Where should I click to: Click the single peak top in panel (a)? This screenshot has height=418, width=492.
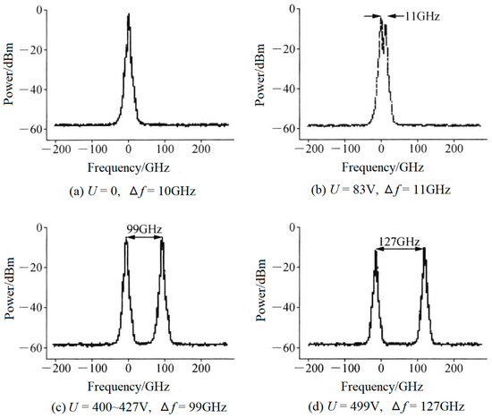[129, 15]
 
